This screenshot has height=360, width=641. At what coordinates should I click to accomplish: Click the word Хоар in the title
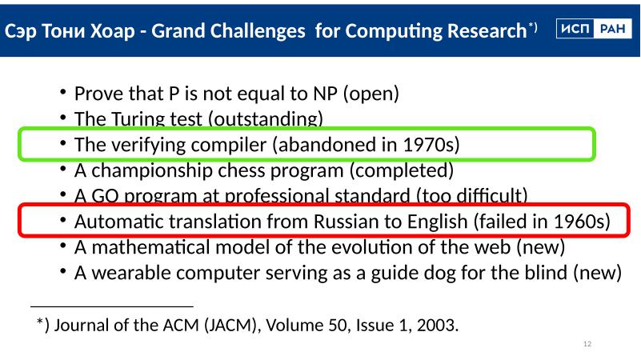coord(112,30)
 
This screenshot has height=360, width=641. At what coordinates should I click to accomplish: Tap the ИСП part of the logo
coord(575,29)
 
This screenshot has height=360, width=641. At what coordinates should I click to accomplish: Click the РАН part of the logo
coord(612,29)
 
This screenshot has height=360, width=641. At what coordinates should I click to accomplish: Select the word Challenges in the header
coord(228,31)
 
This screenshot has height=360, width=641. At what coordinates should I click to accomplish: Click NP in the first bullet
coord(326,94)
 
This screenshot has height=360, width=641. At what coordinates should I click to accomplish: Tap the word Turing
coord(138,119)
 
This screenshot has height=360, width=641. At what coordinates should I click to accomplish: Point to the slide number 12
coord(587,344)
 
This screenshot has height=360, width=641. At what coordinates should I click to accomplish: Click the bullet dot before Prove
coord(62,91)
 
